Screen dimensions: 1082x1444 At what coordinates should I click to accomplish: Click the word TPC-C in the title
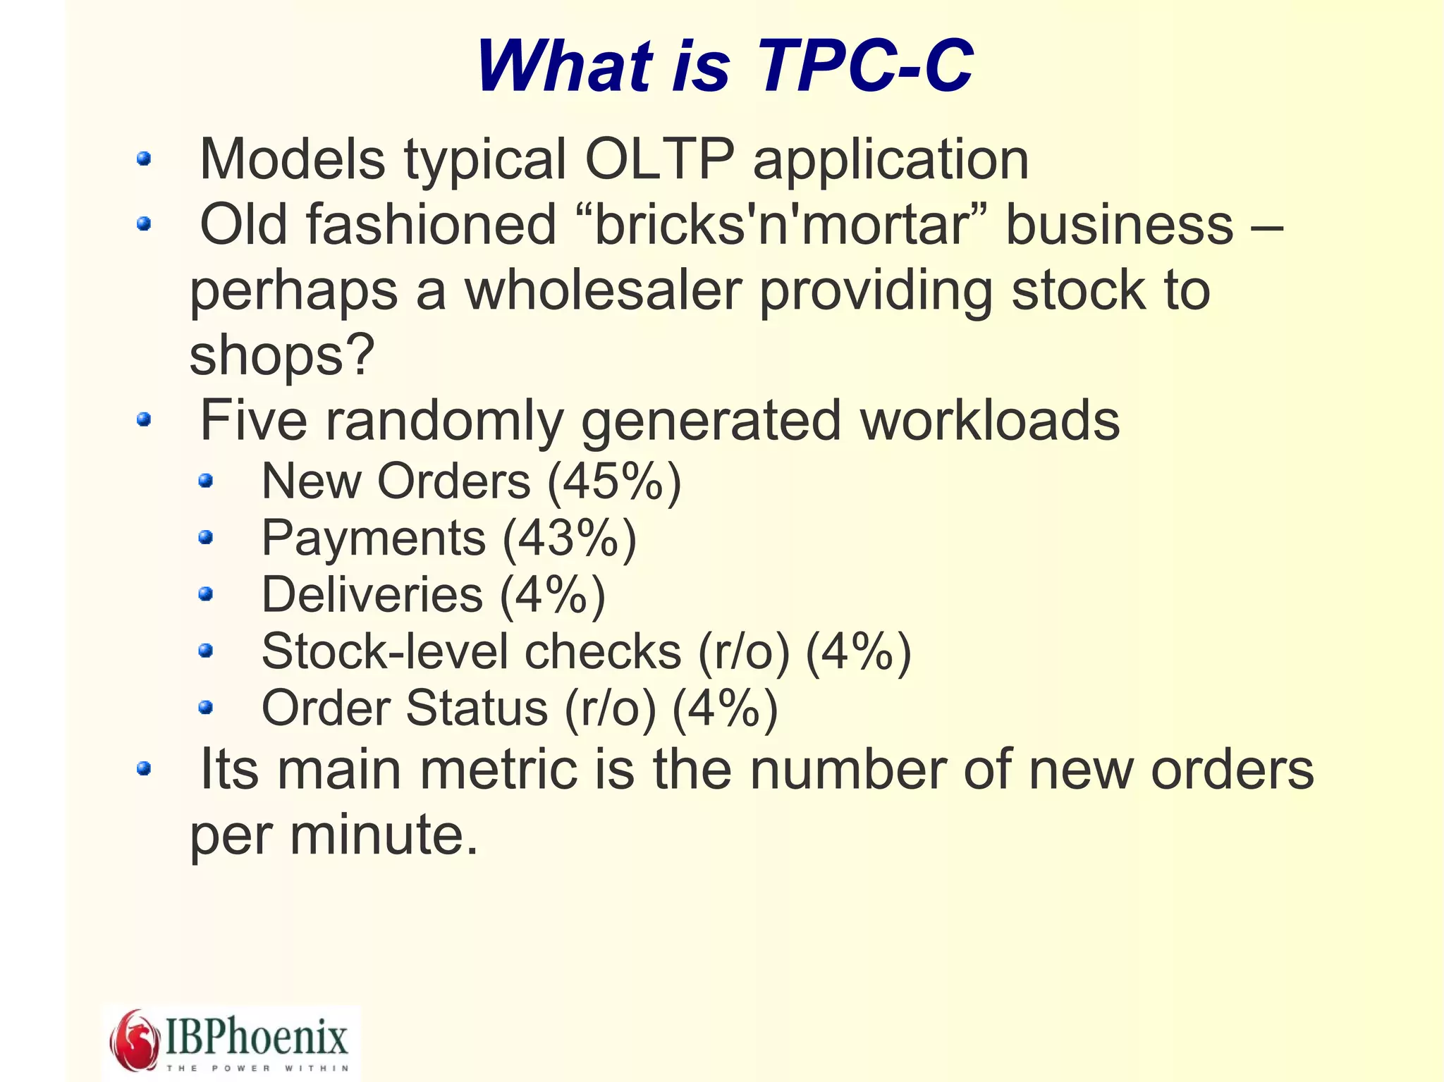click(x=864, y=66)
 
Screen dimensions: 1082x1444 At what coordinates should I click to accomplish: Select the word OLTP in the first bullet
click(x=659, y=159)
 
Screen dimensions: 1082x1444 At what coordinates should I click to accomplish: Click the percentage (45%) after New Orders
click(x=614, y=482)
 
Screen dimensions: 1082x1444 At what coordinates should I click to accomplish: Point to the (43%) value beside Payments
click(x=569, y=539)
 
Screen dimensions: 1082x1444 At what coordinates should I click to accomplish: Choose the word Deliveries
click(x=372, y=595)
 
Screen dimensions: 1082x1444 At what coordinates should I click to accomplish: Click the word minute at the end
click(x=384, y=835)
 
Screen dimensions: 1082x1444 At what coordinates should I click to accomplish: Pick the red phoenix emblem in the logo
click(x=134, y=1040)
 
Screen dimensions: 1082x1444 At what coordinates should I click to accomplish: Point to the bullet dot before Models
click(x=144, y=159)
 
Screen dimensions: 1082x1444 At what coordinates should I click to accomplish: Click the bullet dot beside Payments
click(x=205, y=539)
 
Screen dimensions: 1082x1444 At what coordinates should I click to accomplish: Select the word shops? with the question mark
click(x=282, y=355)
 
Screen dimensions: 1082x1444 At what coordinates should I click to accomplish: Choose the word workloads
click(x=989, y=421)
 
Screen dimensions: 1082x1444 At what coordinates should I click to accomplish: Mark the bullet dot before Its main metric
click(x=144, y=768)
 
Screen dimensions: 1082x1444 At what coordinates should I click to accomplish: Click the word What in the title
click(x=564, y=66)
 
